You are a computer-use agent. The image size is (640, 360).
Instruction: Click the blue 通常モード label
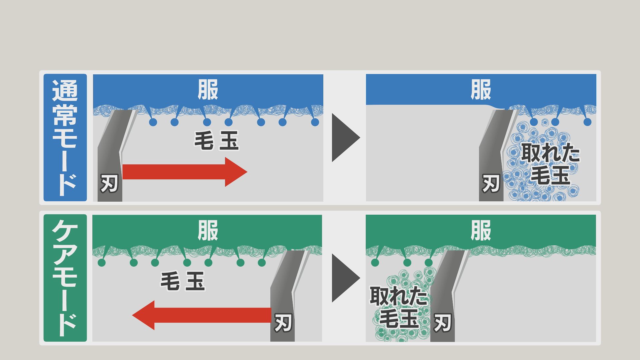[65, 137]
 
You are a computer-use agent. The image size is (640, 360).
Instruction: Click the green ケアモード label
[65, 278]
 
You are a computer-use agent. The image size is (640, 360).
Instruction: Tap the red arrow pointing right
[185, 172]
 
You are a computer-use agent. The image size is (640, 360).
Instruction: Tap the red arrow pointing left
[201, 315]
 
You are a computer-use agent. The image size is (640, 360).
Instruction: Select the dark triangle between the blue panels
[345, 137]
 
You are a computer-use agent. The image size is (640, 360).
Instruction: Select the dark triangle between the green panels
[345, 278]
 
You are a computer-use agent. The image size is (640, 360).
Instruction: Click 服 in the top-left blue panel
[208, 90]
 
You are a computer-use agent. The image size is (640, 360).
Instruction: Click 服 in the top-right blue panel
[481, 90]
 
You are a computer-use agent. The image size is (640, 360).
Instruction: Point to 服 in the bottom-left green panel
[208, 230]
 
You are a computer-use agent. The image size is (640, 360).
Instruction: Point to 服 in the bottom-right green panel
[481, 230]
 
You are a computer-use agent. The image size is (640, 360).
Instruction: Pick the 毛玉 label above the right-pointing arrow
[216, 140]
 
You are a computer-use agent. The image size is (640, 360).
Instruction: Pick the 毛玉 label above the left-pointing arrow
[183, 281]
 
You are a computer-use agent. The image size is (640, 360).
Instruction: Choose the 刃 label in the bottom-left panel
[283, 323]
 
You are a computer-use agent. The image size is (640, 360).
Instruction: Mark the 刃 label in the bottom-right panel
[442, 323]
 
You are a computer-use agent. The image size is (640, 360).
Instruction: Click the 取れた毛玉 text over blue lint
[550, 163]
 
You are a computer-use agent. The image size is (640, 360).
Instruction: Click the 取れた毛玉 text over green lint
[399, 307]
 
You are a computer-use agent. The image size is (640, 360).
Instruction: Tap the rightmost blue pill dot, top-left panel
[315, 122]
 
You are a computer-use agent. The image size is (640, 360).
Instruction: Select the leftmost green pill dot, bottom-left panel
[102, 263]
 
